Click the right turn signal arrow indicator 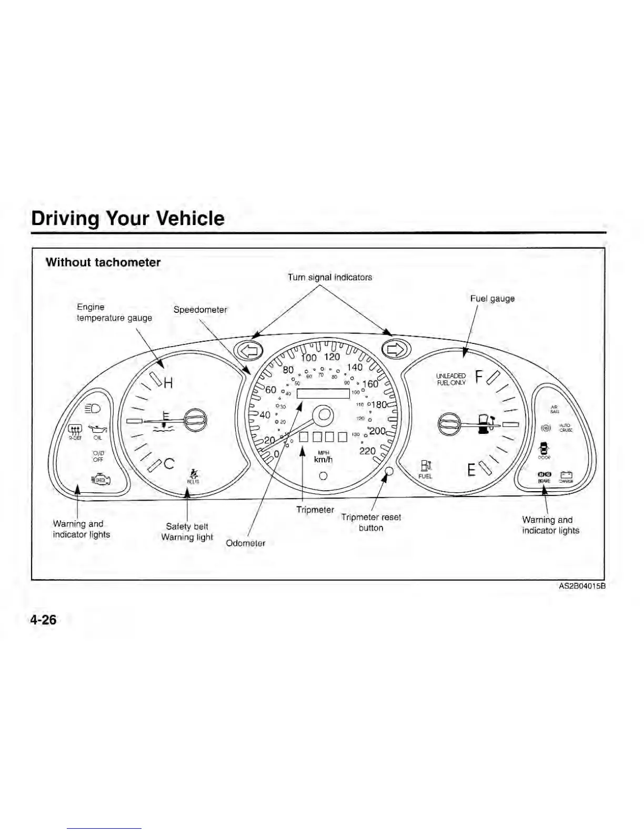[x=395, y=349]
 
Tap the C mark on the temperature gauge [x=169, y=464]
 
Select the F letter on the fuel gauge [x=479, y=377]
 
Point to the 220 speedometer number [x=367, y=451]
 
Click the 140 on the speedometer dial [x=355, y=367]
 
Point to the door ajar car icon [x=544, y=449]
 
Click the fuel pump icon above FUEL [x=425, y=466]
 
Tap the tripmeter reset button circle [x=389, y=471]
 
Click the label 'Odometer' [x=245, y=543]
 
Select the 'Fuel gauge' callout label [x=492, y=299]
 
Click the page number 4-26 [x=43, y=620]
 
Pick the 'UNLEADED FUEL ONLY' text [x=451, y=379]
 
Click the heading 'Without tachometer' [x=103, y=262]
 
